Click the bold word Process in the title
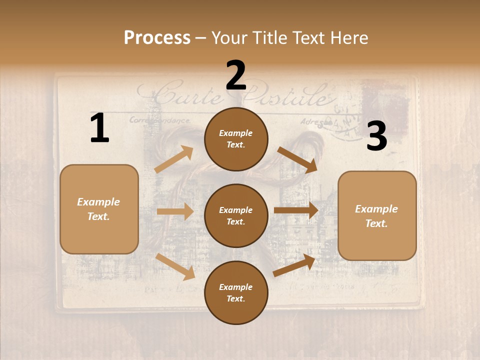coord(157,37)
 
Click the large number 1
coord(99,128)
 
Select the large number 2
coord(236,75)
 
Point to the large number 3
coord(376,136)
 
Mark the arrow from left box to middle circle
coord(175,211)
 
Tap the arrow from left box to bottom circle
coord(175,266)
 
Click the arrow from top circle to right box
coord(297,159)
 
